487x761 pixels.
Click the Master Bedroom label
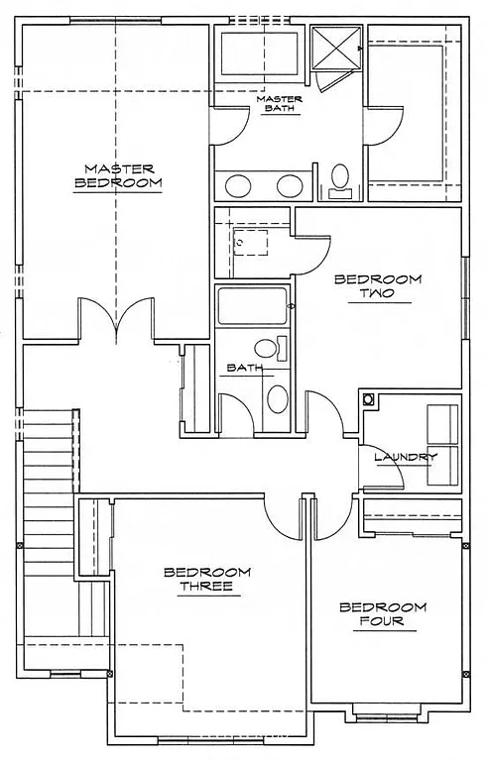coord(117,175)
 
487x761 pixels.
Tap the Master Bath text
coord(279,103)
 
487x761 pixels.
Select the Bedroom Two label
coord(377,287)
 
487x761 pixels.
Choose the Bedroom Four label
coord(382,614)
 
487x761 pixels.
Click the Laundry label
coord(405,457)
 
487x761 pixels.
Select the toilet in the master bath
coord(339,179)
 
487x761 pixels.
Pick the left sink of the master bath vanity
coord(239,185)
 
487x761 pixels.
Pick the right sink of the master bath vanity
coord(289,185)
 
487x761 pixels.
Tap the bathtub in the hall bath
coord(252,307)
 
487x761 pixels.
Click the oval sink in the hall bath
coord(276,400)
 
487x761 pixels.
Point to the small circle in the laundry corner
coord(369,400)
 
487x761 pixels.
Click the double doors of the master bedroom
coord(117,319)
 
